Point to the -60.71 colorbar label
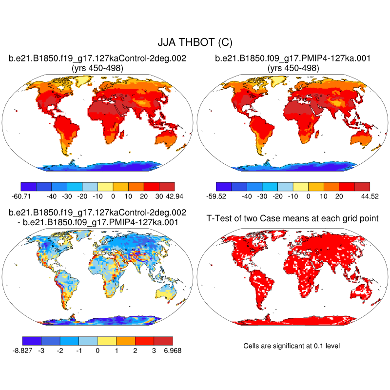pos(21,195)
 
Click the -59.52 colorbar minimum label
pos(216,195)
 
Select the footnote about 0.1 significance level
pos(291,346)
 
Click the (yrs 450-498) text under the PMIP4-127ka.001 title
pos(293,68)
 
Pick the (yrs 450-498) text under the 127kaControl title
pos(97,68)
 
